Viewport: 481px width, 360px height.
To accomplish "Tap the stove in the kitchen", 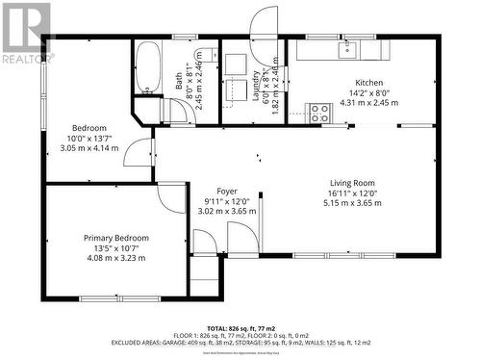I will (318, 112).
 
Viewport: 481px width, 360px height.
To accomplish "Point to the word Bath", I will (180, 83).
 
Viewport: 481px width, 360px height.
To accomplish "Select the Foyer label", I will (227, 192).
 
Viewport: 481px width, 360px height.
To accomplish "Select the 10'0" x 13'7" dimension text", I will (89, 139).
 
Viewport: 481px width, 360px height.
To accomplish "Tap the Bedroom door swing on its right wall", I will (142, 151).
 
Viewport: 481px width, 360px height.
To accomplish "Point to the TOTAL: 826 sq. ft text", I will (240, 328).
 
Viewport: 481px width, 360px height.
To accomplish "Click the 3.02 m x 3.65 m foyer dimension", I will (227, 211).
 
